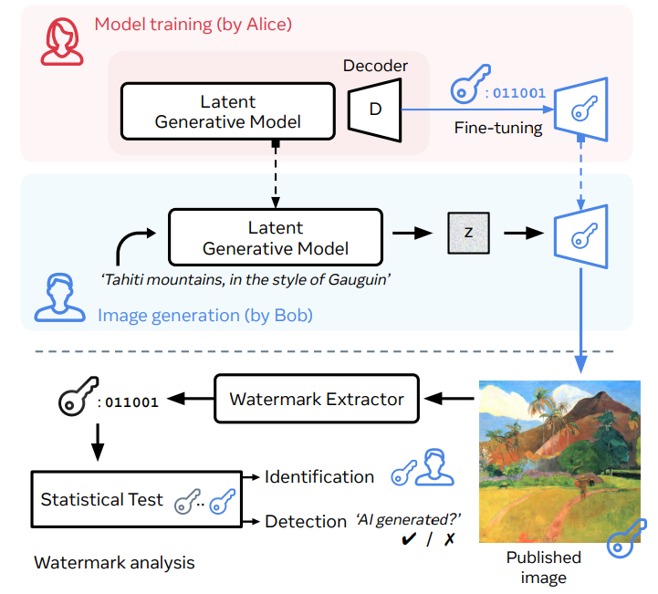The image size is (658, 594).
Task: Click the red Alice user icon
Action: tap(62, 42)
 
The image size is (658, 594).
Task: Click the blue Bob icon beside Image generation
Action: tap(59, 298)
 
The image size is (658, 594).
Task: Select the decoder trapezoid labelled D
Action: tap(375, 109)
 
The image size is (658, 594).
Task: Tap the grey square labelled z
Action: tap(468, 234)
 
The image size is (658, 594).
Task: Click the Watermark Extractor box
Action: tap(317, 399)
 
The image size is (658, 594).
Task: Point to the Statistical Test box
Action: tap(137, 499)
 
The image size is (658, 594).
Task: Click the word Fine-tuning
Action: tap(498, 128)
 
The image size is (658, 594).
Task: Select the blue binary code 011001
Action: tap(519, 93)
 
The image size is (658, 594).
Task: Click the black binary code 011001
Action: tap(131, 402)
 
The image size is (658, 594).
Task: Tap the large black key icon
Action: tap(78, 396)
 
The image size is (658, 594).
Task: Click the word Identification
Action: tap(319, 477)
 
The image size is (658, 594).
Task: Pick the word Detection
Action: tap(306, 521)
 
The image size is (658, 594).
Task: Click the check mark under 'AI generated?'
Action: tap(408, 539)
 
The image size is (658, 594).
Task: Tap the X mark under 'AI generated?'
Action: tap(449, 539)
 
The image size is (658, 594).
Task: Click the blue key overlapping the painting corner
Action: tap(627, 538)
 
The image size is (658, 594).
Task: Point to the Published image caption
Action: tap(543, 568)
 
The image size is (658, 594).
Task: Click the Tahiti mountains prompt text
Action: tap(245, 279)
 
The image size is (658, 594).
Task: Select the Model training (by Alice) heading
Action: tap(193, 25)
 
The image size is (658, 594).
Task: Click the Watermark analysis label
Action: tap(114, 563)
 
